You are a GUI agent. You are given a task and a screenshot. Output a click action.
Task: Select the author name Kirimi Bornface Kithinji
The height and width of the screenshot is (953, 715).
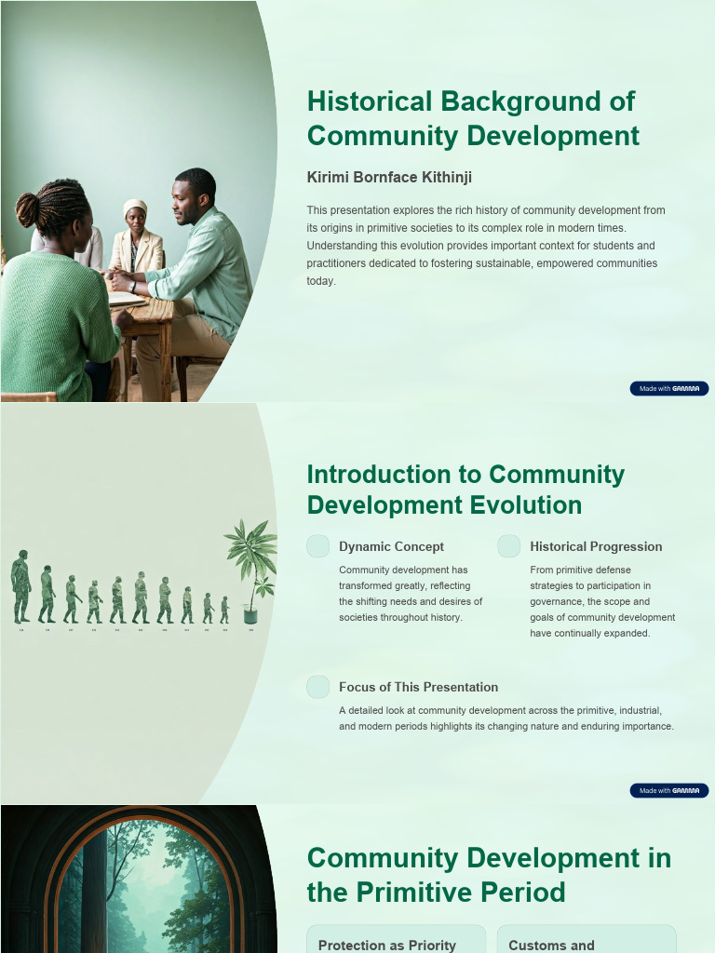click(x=383, y=177)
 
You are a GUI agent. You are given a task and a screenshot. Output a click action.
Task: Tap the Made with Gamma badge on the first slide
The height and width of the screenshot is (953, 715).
click(x=669, y=388)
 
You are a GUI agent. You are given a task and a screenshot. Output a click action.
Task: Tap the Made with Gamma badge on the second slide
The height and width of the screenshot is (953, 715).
click(x=669, y=790)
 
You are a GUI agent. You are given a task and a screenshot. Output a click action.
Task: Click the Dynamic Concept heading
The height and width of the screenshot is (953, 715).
click(x=391, y=546)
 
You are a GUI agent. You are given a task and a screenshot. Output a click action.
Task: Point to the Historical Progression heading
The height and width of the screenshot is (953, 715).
click(x=596, y=546)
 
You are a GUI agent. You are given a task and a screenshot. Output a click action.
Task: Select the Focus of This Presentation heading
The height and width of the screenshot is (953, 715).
click(x=418, y=687)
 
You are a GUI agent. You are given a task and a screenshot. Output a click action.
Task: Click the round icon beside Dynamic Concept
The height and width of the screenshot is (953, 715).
click(x=318, y=546)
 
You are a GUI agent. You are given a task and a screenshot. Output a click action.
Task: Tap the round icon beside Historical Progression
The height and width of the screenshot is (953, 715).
click(x=508, y=546)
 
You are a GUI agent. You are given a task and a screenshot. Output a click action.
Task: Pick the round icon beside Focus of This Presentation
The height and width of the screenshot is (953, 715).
click(x=318, y=687)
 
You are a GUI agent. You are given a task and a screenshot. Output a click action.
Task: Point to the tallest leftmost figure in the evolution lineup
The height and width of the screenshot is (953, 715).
click(x=20, y=586)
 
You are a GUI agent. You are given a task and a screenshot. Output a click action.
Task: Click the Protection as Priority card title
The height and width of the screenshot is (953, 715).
click(x=387, y=945)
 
